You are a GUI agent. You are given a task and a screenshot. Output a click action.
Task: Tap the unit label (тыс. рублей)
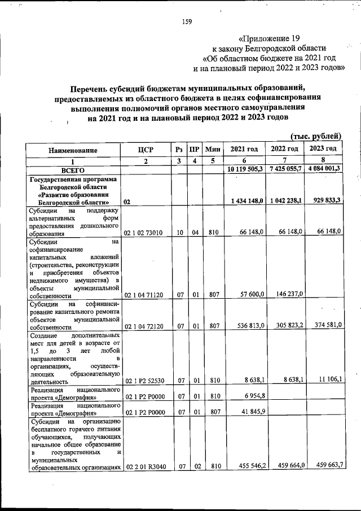(316, 136)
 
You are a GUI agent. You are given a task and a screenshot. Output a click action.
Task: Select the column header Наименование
(73, 150)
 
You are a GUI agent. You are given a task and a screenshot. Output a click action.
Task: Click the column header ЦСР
(146, 150)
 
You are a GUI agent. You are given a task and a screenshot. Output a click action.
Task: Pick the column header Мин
(212, 150)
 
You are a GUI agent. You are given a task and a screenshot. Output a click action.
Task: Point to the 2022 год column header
(284, 149)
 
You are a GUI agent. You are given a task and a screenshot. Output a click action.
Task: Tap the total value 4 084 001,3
(323, 169)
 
